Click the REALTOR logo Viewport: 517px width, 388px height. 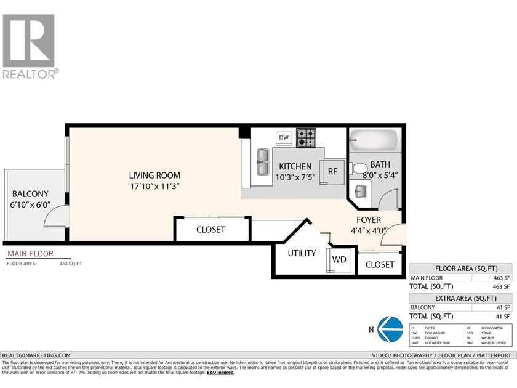pyautogui.click(x=30, y=46)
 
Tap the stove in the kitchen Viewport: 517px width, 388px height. pyautogui.click(x=306, y=137)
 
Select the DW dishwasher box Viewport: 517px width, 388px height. pyautogui.click(x=283, y=137)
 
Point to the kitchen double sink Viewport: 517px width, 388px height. pyautogui.click(x=263, y=161)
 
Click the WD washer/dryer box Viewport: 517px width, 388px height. pyautogui.click(x=339, y=259)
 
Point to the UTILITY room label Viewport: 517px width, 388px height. pyautogui.click(x=302, y=253)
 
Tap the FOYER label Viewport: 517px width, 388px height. pyautogui.click(x=369, y=220)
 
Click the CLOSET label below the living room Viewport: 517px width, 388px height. pyautogui.click(x=210, y=230)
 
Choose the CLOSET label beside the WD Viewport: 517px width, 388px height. pyautogui.click(x=380, y=264)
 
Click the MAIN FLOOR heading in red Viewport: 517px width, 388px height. pyautogui.click(x=30, y=253)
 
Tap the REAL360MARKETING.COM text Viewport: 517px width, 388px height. pyautogui.click(x=36, y=355)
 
